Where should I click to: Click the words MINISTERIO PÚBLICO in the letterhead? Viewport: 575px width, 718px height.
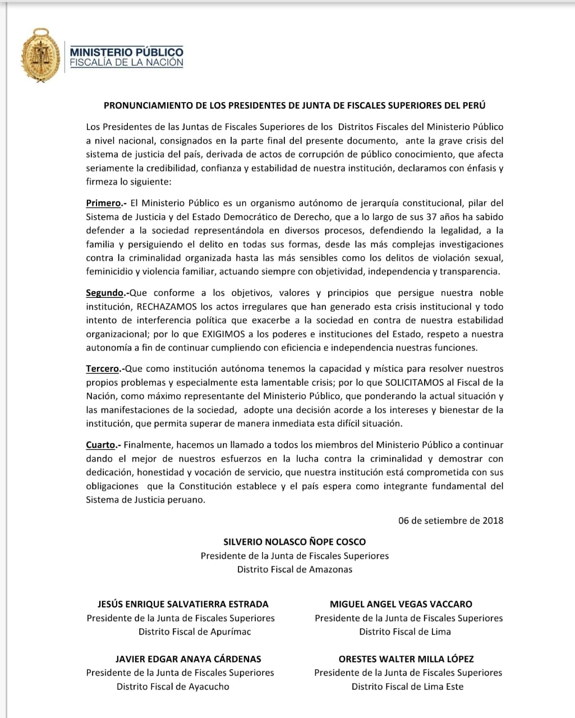coord(126,52)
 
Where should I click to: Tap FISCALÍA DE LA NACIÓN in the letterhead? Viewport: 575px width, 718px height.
coord(126,62)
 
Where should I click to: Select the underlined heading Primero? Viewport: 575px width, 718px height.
coord(104,203)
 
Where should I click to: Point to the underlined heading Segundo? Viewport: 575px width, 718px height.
coord(105,293)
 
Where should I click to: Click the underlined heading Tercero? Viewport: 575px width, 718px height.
coord(103,369)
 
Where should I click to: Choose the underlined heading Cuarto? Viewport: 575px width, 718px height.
coord(101,445)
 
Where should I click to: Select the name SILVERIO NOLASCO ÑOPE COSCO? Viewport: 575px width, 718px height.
coord(295,542)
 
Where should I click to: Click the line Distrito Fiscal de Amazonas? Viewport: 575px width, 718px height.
coord(295,569)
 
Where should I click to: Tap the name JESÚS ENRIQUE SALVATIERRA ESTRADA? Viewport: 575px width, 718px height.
coord(183,604)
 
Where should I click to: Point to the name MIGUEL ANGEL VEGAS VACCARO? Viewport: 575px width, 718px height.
coord(401,604)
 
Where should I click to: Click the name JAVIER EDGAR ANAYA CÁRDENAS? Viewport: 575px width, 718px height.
coord(188,659)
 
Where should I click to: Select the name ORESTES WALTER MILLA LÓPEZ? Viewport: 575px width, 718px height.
coord(406,659)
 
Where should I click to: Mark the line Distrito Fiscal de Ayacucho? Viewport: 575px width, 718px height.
coord(173,686)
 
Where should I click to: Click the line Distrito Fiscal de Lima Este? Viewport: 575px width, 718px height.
coord(407,686)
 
